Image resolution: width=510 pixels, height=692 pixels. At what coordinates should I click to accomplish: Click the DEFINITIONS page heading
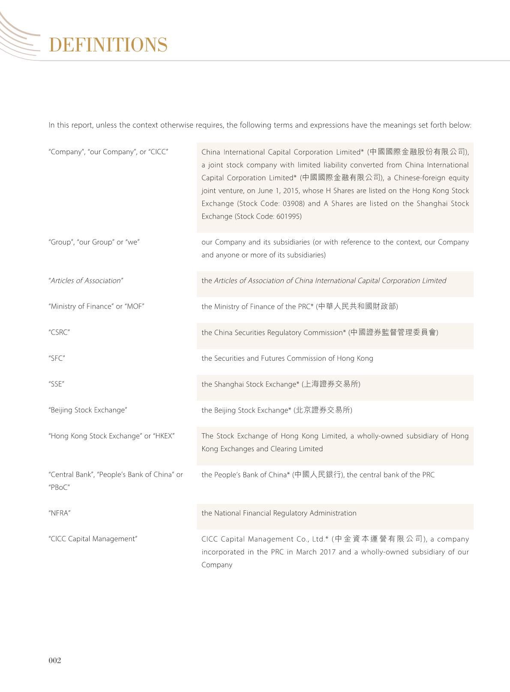[108, 45]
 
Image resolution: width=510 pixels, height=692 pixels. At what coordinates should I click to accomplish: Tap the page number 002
[55, 660]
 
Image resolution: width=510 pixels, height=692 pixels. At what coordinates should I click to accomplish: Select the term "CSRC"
[59, 333]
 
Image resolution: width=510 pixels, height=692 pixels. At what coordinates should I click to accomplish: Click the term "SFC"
[57, 358]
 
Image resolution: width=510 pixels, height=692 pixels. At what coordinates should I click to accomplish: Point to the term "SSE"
[56, 384]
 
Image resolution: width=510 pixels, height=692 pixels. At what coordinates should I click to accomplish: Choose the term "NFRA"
[59, 513]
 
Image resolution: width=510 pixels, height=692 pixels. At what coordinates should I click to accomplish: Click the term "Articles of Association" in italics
[86, 281]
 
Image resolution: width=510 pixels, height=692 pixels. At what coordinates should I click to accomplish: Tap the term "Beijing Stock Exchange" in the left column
[88, 410]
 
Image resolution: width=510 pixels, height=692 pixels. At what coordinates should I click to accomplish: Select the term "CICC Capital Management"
[93, 539]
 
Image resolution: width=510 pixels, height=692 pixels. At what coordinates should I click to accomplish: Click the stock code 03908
[293, 204]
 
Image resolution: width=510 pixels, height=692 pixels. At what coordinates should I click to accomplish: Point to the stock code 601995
[289, 216]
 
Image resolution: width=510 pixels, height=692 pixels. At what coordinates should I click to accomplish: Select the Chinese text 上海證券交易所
[331, 384]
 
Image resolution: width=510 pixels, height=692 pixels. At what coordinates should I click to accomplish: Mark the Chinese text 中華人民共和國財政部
[357, 306]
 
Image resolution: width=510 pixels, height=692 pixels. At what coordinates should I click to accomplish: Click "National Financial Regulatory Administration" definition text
[285, 513]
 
